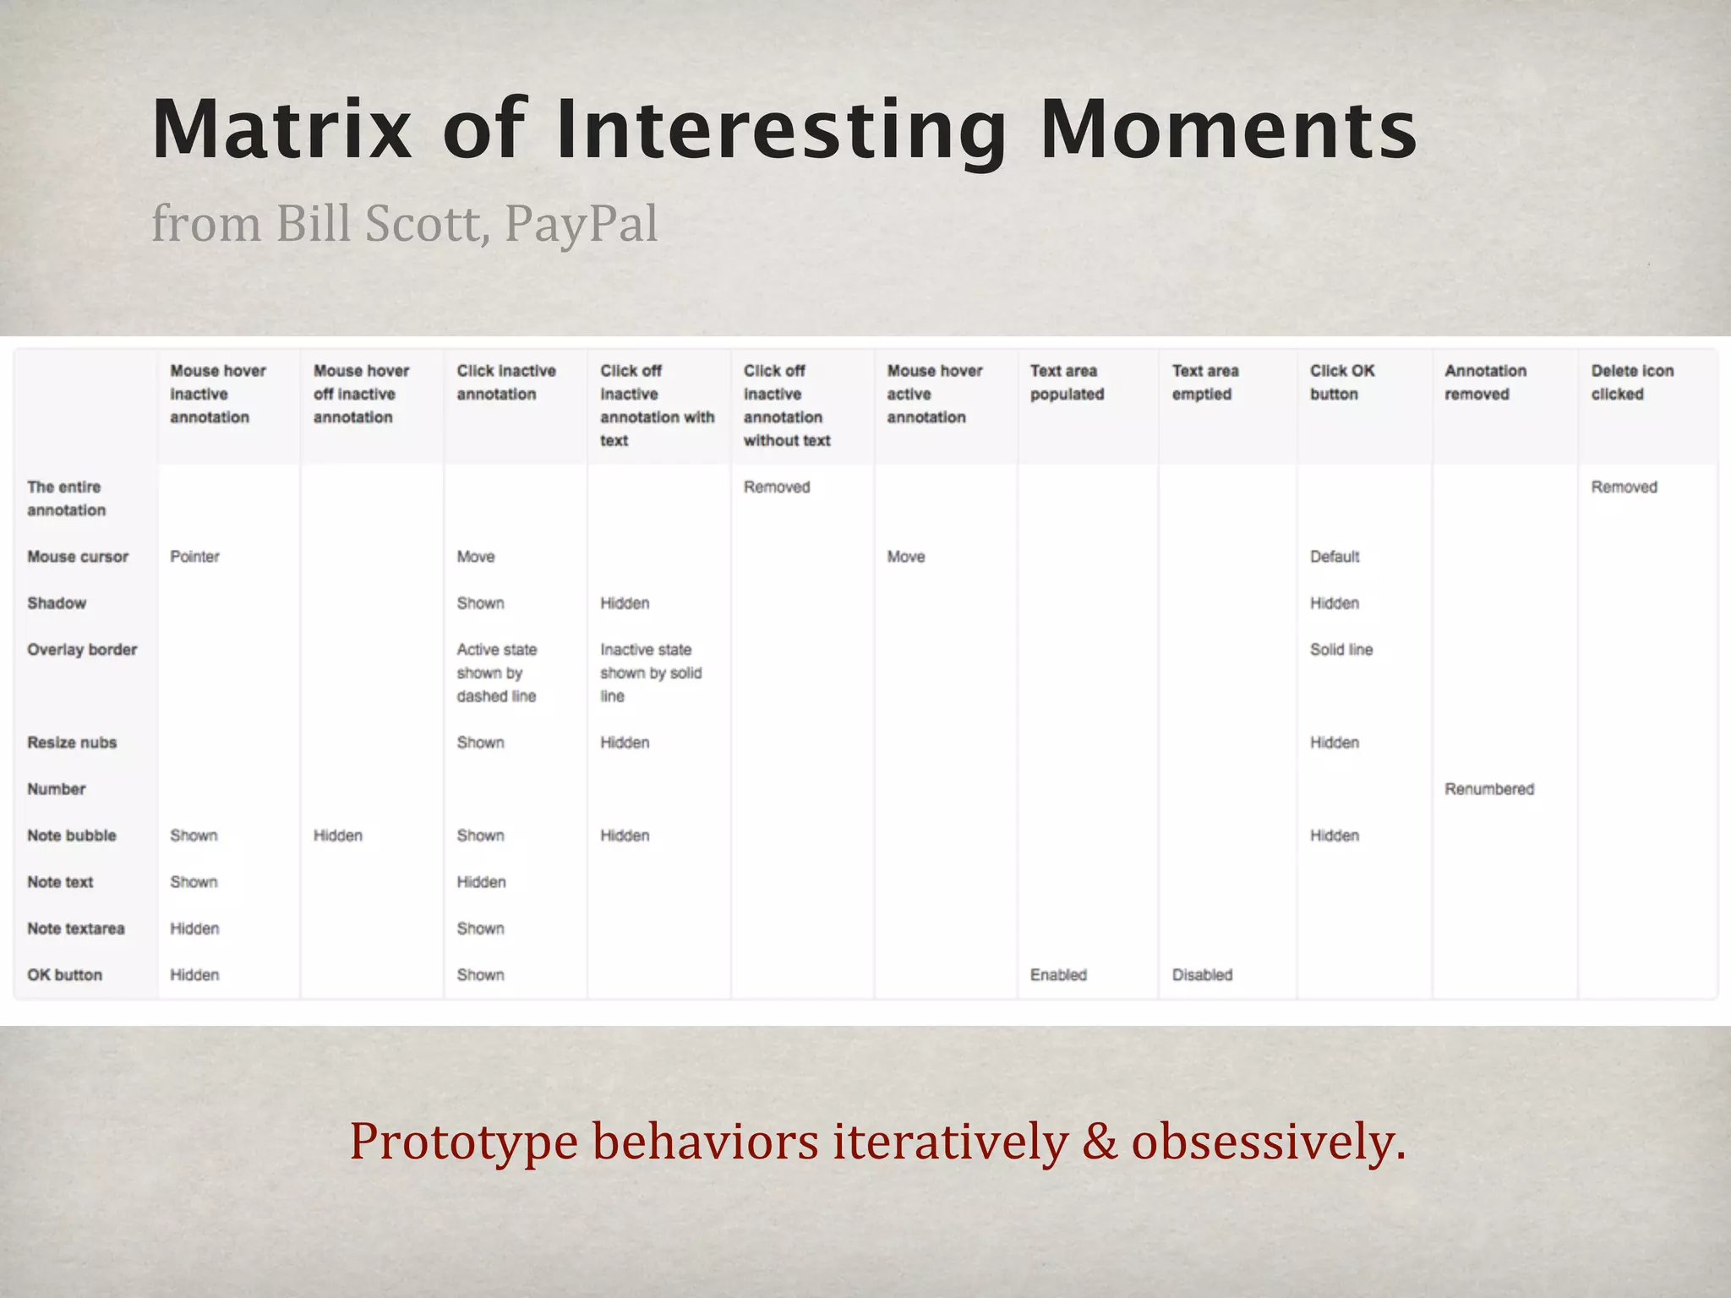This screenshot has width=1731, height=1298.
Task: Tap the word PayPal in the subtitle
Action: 581,224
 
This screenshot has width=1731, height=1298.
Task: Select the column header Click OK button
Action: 1341,382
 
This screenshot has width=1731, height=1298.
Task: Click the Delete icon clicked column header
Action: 1631,382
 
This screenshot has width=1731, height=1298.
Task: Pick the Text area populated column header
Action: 1067,382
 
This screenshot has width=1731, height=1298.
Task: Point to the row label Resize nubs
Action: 72,743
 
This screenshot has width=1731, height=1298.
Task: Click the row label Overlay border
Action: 82,650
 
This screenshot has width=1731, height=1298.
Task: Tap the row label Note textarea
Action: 75,929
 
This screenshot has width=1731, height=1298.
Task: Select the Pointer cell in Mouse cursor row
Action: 194,557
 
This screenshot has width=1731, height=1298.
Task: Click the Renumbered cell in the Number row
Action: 1488,789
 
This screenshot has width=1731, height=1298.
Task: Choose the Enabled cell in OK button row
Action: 1058,975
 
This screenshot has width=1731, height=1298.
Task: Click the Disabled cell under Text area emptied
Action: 1202,975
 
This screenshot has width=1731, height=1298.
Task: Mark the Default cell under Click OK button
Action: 1335,557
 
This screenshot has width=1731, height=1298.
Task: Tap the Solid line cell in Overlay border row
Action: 1341,650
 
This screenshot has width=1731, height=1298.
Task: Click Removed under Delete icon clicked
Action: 1624,488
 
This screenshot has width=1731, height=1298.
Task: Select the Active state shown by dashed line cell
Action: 497,673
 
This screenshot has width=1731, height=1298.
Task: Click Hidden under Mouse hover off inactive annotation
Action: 337,836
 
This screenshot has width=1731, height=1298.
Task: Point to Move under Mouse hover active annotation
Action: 905,557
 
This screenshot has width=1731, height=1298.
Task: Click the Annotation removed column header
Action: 1485,382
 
